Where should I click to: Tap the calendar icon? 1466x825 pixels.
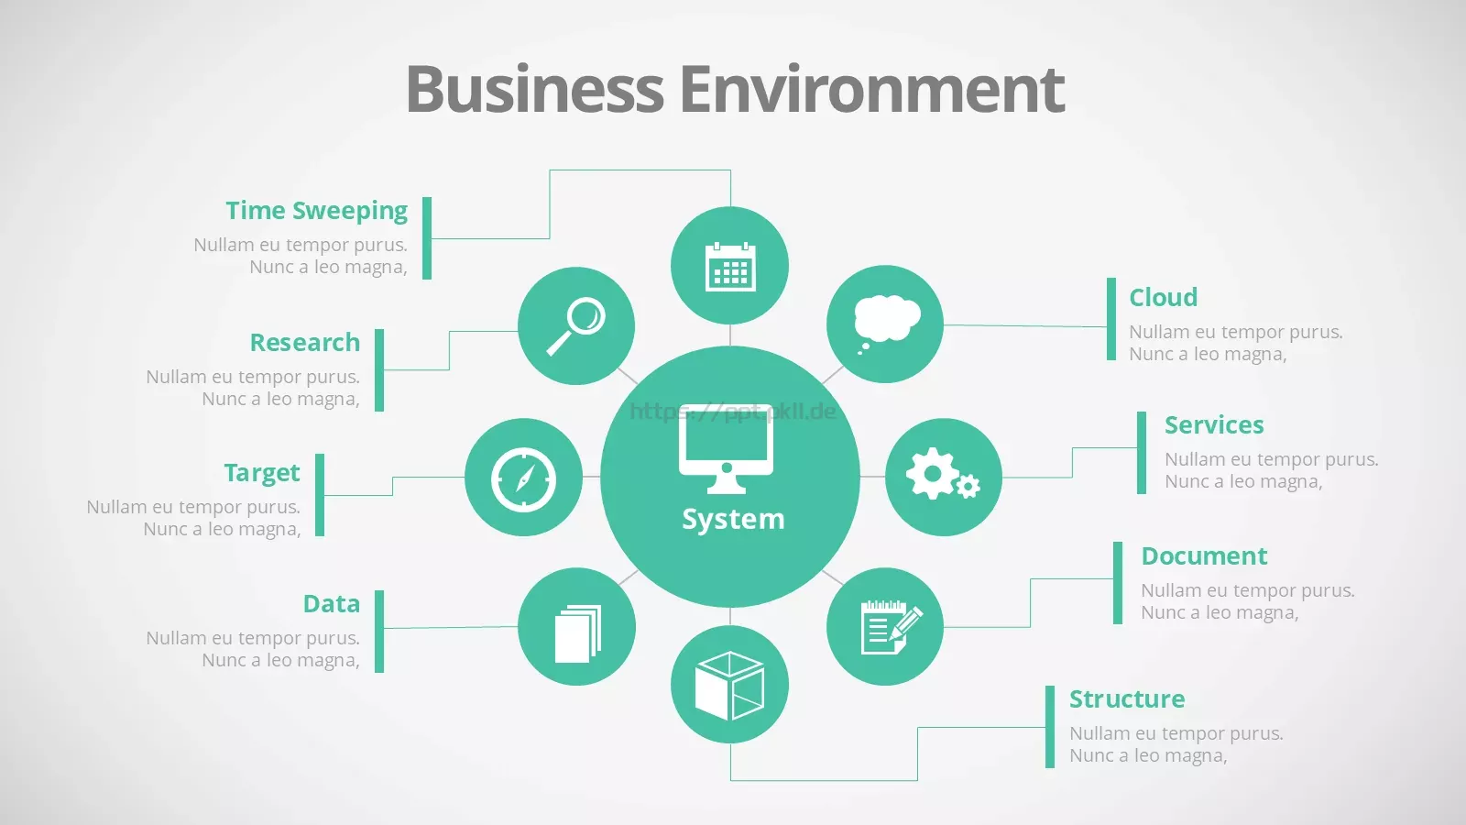point(730,267)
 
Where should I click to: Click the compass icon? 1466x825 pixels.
point(523,479)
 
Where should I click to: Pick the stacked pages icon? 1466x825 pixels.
point(578,633)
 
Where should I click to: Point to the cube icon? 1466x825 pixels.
point(729,686)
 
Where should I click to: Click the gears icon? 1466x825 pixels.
point(943,475)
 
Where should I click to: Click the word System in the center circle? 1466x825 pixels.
point(733,519)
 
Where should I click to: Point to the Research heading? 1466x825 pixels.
point(305,343)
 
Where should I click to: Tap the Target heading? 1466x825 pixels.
point(262,473)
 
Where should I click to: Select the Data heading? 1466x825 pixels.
point(332,604)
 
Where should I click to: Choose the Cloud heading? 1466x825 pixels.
point(1164,297)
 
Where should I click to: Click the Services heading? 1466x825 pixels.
point(1214,425)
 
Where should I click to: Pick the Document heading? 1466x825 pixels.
point(1204,555)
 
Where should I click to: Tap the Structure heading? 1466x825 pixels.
point(1127,698)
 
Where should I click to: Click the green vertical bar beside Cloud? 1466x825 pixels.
point(1111,319)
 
